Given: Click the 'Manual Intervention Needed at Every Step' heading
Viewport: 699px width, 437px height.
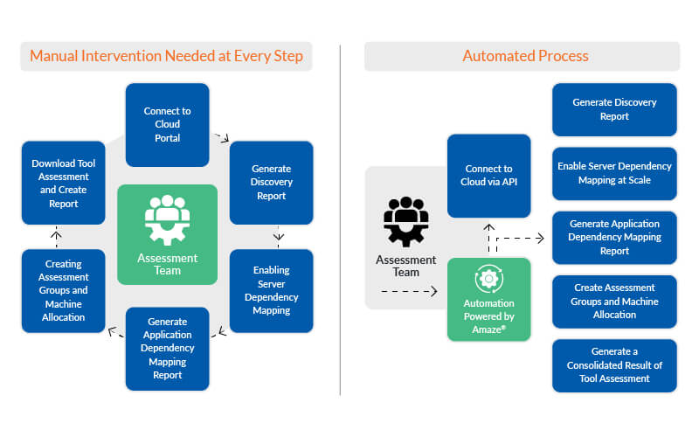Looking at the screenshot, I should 166,57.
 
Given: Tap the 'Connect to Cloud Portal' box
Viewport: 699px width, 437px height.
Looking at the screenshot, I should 167,124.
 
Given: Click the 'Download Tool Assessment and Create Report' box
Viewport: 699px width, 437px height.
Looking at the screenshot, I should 64,183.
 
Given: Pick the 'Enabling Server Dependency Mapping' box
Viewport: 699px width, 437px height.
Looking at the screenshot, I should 271,290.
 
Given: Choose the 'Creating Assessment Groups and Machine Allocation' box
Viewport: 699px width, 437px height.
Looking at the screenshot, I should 64,290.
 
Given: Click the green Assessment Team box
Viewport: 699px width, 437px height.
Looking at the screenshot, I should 167,234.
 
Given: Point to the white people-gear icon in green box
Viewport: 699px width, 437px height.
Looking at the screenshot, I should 167,218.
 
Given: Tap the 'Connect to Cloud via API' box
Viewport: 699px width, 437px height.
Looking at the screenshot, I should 488,176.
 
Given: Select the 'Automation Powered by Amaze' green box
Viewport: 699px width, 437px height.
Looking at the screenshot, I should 488,299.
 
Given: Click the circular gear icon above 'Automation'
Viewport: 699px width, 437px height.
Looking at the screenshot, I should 488,279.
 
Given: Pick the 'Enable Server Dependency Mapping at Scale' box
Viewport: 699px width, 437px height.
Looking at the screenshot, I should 614,173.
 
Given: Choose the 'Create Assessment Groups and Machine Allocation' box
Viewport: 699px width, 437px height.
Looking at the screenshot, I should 614,301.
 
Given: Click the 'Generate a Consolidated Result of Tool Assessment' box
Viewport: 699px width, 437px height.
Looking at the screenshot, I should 614,364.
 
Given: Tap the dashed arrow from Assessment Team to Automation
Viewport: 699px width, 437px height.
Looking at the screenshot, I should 409,293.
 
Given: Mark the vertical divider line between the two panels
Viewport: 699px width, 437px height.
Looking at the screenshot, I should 340,218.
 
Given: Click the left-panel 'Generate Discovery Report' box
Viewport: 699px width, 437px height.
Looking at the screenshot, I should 271,183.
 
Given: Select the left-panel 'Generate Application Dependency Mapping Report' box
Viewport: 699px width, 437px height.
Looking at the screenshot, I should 167,348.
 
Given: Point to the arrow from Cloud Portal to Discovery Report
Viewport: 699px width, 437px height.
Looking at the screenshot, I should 220,137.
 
